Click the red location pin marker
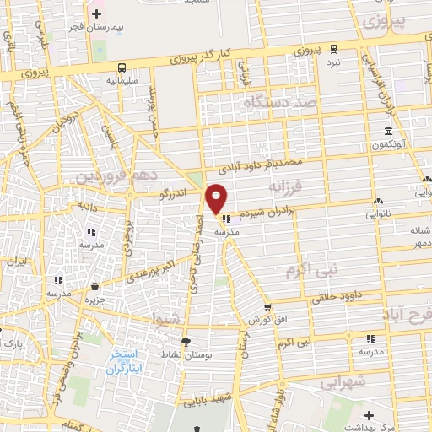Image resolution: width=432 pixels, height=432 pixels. coord(217,198)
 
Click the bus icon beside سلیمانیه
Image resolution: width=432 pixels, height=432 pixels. coord(123,67)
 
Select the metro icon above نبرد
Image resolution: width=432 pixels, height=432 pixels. coord(334,48)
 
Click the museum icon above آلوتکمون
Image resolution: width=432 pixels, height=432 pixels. coord(387,132)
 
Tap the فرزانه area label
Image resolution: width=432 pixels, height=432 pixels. coord(284,184)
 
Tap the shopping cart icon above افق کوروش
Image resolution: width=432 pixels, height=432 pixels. coord(267,308)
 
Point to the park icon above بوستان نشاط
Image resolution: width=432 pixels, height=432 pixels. coord(186,339)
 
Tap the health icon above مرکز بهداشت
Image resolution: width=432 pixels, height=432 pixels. coord(369,415)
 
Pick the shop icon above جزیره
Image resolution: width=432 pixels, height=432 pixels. coord(95,287)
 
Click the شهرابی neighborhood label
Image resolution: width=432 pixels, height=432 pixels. coord(343,382)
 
